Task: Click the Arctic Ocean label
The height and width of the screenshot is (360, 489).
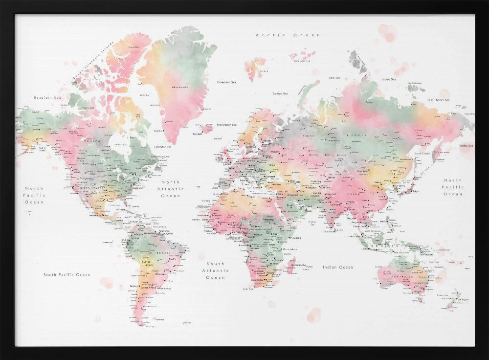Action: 288,35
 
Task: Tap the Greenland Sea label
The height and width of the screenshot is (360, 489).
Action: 227,82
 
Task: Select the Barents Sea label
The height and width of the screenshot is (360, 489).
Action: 280,93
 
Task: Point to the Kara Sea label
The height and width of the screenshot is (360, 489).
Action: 334,78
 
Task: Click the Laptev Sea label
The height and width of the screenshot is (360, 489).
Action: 388,79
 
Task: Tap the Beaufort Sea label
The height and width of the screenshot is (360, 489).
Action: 47,98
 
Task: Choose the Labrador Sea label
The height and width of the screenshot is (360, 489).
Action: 162,147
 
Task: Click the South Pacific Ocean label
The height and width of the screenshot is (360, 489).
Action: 67,275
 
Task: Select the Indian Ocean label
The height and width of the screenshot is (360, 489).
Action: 337,267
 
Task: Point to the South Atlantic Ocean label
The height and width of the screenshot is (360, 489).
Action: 215,270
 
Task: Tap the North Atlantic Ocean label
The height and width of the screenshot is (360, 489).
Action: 171,189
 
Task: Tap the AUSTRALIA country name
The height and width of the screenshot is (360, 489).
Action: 404,277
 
